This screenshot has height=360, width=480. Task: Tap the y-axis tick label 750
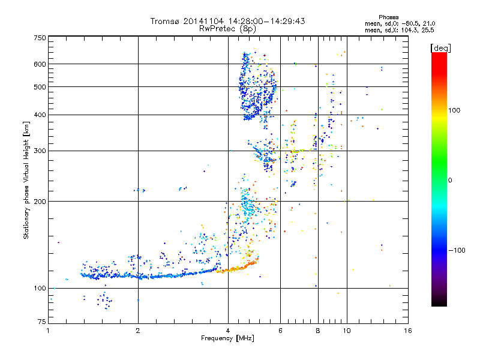40,38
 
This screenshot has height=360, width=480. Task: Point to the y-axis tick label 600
40,64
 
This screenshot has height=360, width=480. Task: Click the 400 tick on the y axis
40,115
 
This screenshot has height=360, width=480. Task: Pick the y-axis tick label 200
40,201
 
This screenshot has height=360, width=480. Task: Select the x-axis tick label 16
407,331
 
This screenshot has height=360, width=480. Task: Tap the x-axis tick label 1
48,331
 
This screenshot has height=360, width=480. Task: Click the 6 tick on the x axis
281,331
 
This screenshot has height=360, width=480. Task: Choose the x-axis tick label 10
346,331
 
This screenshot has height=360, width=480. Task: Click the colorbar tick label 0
451,180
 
